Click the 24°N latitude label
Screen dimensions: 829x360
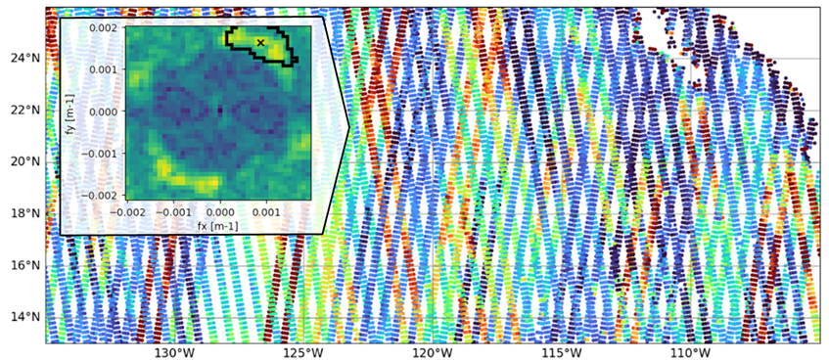pyautogui.click(x=23, y=58)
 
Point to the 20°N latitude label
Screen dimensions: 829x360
pyautogui.click(x=23, y=161)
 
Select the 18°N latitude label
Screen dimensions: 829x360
pyautogui.click(x=23, y=213)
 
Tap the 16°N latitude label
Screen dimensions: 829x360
pyautogui.click(x=23, y=265)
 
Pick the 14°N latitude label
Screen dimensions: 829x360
pyautogui.click(x=23, y=317)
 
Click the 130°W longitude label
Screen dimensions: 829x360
pyautogui.click(x=173, y=352)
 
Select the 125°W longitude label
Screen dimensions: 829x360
pyautogui.click(x=302, y=352)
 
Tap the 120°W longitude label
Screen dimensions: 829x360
pyautogui.click(x=432, y=352)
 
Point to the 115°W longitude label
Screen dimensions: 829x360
pyautogui.click(x=562, y=352)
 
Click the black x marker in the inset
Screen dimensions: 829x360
pyautogui.click(x=260, y=42)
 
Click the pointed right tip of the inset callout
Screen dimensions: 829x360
pyautogui.click(x=349, y=126)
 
